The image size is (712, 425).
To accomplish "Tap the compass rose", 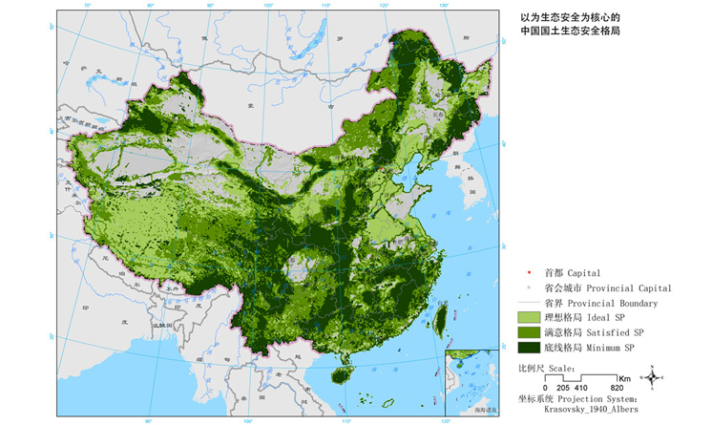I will tap(651, 378).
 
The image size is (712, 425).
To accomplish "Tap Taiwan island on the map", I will tap(441, 316).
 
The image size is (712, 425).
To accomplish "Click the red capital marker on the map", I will tap(383, 172).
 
